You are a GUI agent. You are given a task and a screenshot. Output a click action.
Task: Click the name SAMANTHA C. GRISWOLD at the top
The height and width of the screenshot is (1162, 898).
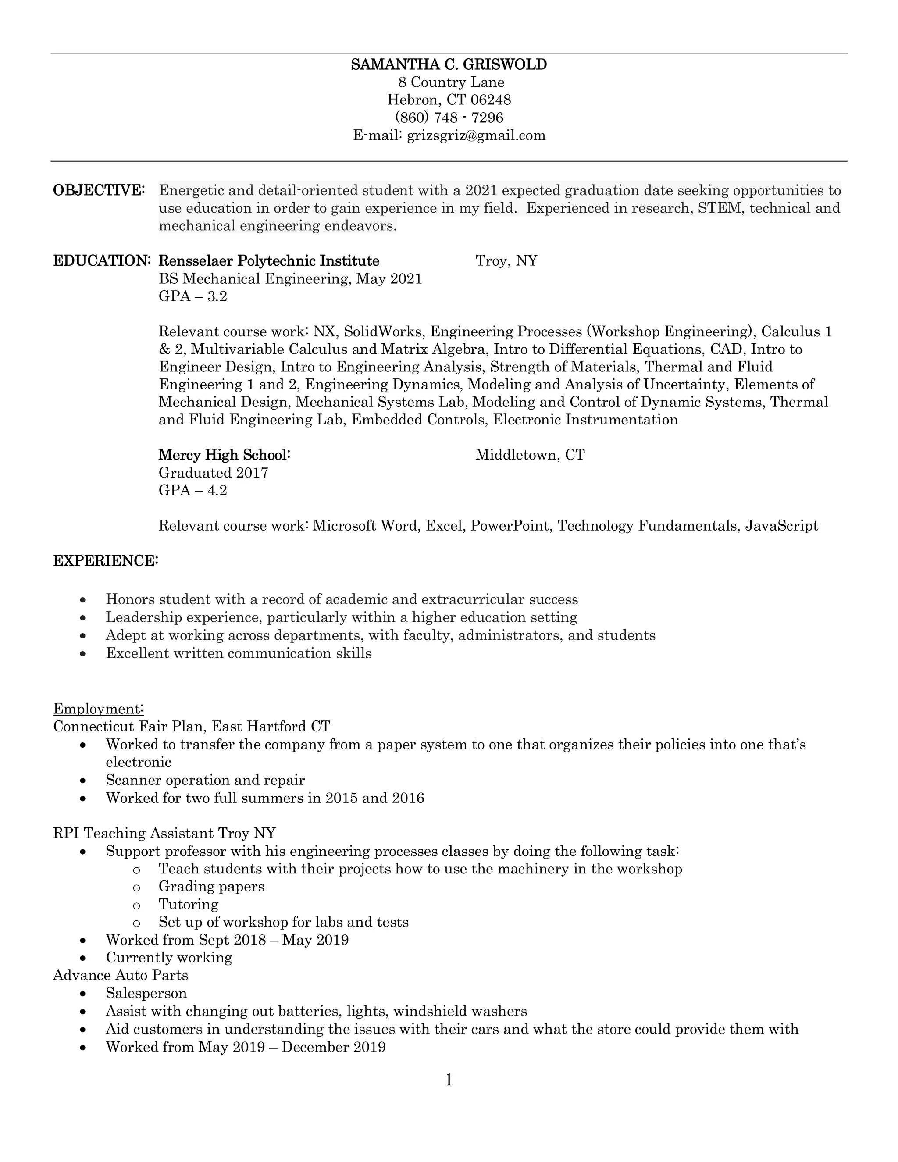pyautogui.click(x=449, y=65)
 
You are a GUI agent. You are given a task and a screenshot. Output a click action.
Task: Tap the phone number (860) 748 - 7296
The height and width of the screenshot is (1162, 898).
pyautogui.click(x=449, y=118)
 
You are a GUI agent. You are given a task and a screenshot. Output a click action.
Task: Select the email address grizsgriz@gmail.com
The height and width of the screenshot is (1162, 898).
pyautogui.click(x=476, y=135)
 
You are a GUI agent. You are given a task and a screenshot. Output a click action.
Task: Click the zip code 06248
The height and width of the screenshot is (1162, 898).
pyautogui.click(x=491, y=100)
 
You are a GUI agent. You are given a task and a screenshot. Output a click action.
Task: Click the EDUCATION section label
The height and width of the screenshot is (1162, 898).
pyautogui.click(x=102, y=261)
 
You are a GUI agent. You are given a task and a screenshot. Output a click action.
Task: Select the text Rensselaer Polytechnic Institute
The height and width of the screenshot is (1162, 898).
pyautogui.click(x=269, y=261)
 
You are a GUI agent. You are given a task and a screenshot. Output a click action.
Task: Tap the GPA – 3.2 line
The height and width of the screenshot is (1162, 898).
pyautogui.click(x=192, y=296)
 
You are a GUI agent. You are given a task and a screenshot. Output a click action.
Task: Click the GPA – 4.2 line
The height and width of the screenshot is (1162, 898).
pyautogui.click(x=192, y=490)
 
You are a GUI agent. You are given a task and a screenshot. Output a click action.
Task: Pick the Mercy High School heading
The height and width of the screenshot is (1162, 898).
pyautogui.click(x=224, y=455)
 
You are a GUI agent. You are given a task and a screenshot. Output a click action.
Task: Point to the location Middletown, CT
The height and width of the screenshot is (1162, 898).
pyautogui.click(x=529, y=455)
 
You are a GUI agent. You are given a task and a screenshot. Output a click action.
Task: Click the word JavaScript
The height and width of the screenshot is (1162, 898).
pyautogui.click(x=781, y=526)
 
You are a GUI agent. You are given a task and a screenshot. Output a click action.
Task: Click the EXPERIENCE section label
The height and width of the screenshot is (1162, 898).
pyautogui.click(x=105, y=561)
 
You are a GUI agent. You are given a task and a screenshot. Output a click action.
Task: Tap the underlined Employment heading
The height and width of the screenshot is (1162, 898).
pyautogui.click(x=98, y=709)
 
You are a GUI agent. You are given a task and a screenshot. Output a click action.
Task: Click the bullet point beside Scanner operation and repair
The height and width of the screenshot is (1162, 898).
pyautogui.click(x=82, y=781)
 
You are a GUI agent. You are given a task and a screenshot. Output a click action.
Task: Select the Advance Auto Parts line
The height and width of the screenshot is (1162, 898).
pyautogui.click(x=121, y=975)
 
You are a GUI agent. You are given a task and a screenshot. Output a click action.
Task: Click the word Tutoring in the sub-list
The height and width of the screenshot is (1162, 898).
pyautogui.click(x=188, y=905)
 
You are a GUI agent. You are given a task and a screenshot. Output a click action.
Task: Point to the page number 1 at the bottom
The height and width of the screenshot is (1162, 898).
pyautogui.click(x=449, y=1080)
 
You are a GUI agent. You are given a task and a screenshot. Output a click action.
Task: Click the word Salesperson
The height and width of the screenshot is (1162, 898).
pyautogui.click(x=146, y=993)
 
